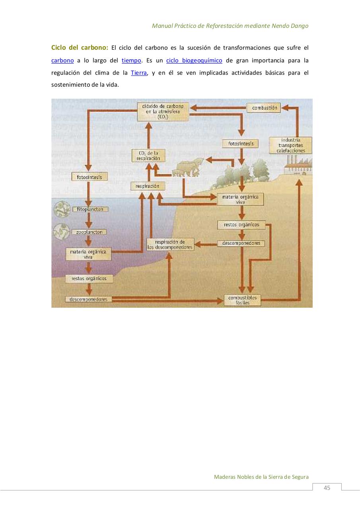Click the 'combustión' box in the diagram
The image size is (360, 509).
click(264, 108)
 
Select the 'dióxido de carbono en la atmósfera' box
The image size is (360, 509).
click(163, 112)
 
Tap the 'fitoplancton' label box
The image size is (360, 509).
click(90, 209)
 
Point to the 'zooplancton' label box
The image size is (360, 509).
click(89, 232)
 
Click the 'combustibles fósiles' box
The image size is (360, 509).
click(243, 300)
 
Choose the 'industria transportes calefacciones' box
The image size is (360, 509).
click(290, 146)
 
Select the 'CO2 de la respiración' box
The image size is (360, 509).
click(148, 155)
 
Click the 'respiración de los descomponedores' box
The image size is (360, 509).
click(170, 244)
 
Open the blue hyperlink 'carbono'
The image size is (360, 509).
click(62, 60)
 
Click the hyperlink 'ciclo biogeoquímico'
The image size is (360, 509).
click(194, 60)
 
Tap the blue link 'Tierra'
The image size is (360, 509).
click(139, 73)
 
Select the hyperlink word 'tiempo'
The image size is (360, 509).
click(131, 60)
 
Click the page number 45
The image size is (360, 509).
click(327, 488)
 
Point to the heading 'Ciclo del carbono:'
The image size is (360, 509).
click(80, 47)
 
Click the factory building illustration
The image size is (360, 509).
click(298, 165)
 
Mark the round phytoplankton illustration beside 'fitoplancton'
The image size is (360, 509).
click(62, 209)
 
